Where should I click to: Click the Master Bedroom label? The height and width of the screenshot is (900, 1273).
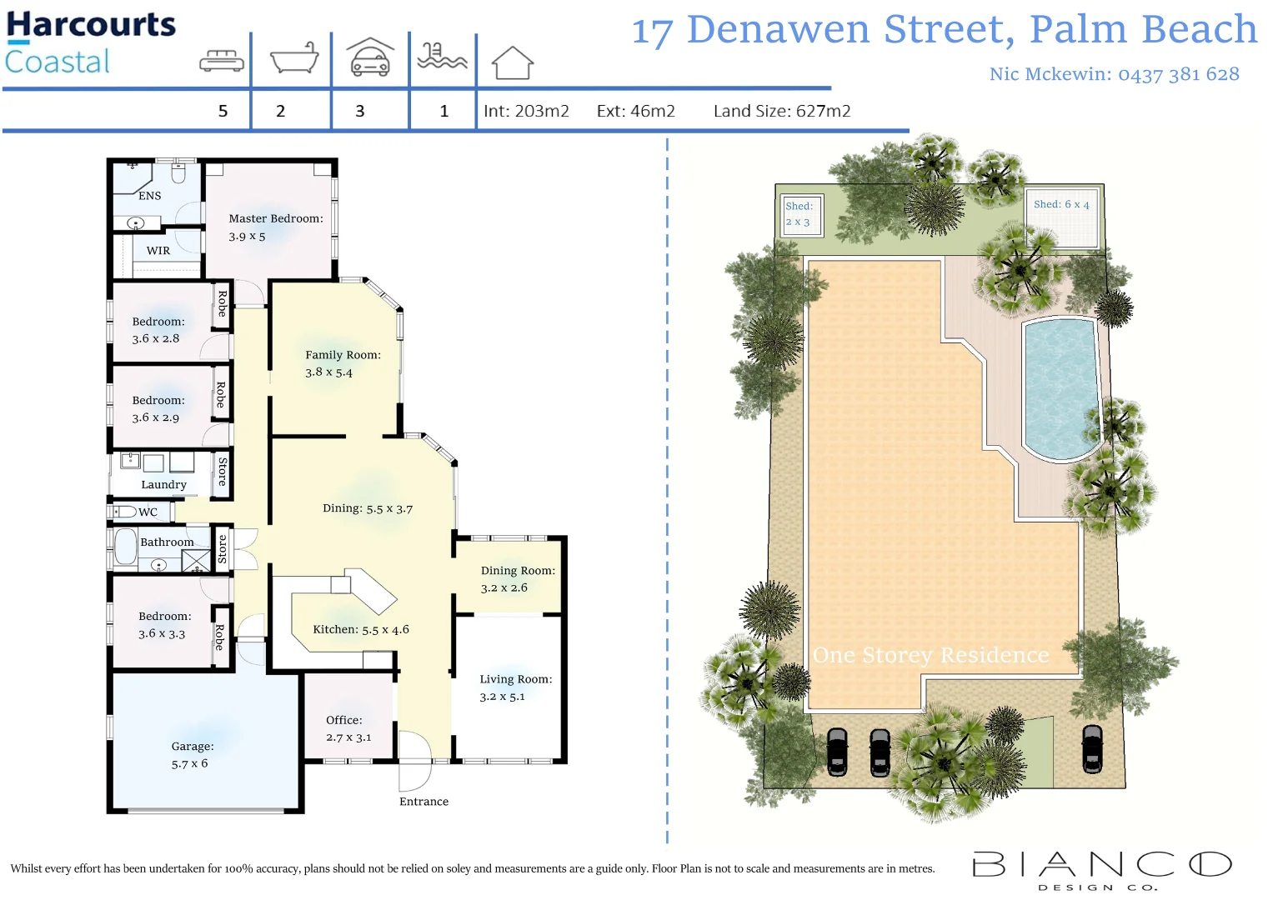(275, 219)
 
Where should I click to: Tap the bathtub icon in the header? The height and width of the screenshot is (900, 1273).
(294, 59)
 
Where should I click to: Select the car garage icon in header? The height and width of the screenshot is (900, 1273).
(370, 58)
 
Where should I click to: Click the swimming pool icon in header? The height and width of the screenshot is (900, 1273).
(441, 57)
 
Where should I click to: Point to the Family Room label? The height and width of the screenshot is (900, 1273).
(343, 355)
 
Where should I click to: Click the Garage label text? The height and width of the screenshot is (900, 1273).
(193, 747)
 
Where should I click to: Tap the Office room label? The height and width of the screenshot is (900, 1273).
(344, 720)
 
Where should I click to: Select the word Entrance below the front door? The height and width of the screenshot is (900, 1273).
(423, 802)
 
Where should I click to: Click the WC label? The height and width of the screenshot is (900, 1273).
(148, 512)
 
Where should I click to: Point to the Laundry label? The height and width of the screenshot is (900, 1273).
(163, 485)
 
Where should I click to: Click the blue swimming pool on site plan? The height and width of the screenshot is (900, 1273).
(1061, 387)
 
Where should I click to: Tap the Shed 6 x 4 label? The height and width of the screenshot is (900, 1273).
(1061, 204)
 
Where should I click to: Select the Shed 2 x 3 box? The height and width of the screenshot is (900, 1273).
(799, 215)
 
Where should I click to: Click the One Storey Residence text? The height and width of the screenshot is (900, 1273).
(930, 656)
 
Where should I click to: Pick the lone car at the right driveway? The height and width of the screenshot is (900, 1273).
(1091, 748)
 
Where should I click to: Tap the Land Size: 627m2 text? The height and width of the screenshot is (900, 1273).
(781, 112)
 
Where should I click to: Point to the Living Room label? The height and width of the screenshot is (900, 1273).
(515, 679)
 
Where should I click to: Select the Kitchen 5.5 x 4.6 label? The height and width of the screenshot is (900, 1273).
(360, 630)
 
